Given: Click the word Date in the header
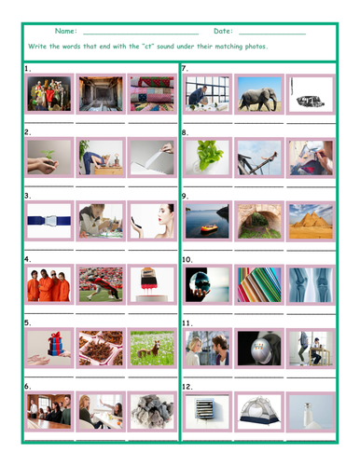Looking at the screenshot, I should tap(224, 32).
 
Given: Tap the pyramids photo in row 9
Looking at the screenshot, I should tap(310, 220).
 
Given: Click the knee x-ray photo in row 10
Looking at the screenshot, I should tap(310, 284).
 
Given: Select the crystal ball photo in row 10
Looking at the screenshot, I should tap(206, 284).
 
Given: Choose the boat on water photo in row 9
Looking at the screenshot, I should tap(206, 220).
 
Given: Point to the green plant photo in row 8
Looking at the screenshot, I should tap(206, 158).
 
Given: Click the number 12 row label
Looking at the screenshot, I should tap(187, 385).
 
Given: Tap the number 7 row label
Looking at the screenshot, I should tap(186, 69).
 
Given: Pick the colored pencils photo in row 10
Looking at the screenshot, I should tap(258, 284).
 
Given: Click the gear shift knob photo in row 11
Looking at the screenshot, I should tap(258, 347).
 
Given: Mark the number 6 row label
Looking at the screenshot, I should tap(28, 385).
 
